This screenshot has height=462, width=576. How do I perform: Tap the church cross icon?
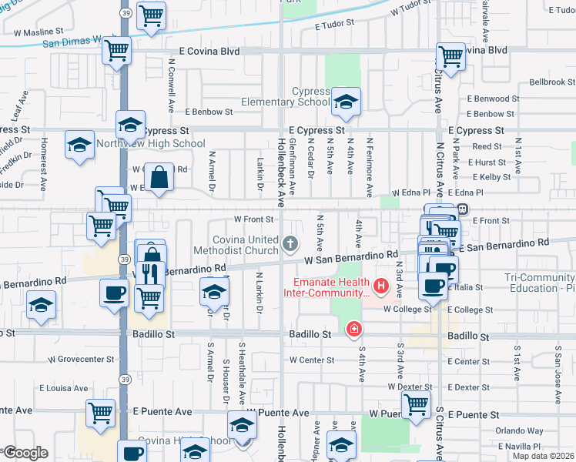[x=291, y=245]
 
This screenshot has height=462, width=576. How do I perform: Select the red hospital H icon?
[x=379, y=288]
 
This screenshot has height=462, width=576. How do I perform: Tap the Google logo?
[x=25, y=452]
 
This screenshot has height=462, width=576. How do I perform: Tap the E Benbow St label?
[x=208, y=112]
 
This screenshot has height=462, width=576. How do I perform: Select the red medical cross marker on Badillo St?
[x=353, y=330]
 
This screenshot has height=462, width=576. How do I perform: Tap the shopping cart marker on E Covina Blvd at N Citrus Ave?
[x=450, y=55]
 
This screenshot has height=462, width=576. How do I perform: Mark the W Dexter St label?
[x=410, y=387]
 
